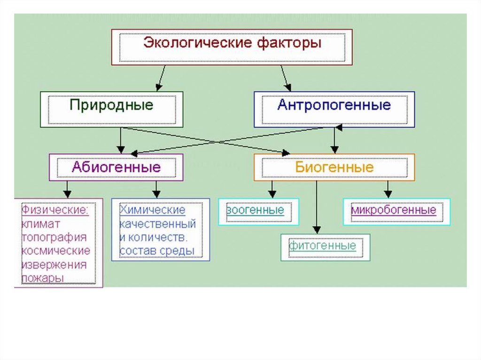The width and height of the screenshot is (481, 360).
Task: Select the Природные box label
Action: point(111,104)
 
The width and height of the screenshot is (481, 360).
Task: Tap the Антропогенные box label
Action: point(334,104)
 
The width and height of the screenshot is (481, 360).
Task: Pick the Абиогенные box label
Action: point(116,167)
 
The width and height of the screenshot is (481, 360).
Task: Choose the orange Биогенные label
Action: point(334,167)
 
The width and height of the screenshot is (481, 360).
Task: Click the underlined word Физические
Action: point(55,209)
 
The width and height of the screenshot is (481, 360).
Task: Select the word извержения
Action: point(54,264)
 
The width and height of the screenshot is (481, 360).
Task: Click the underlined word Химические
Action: point(153,209)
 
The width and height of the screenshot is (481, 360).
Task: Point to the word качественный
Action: point(158,223)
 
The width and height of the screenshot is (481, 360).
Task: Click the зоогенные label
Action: point(256,209)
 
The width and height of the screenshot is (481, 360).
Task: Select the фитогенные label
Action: point(323,245)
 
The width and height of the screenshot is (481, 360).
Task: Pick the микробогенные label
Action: point(394,209)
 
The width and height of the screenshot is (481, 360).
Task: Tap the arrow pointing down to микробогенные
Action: point(388,189)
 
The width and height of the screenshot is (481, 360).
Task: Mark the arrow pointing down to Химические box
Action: point(156,189)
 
